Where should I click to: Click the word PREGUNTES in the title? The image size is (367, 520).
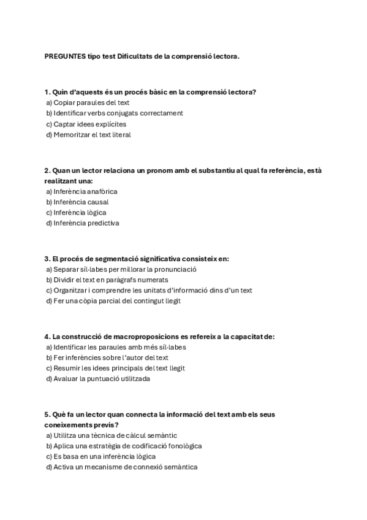(x=65, y=56)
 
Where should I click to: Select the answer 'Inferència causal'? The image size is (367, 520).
(x=80, y=202)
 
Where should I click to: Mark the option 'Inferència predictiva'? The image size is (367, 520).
(x=86, y=223)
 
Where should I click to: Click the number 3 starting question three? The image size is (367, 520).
(x=47, y=259)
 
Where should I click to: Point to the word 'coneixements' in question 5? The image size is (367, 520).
(x=67, y=424)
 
